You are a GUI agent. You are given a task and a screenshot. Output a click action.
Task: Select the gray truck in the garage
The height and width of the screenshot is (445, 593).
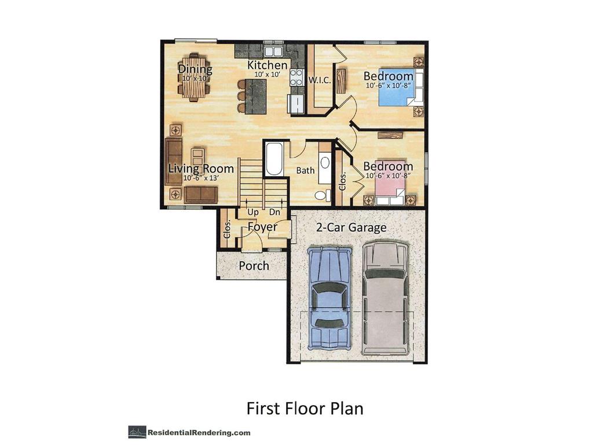click(385, 298)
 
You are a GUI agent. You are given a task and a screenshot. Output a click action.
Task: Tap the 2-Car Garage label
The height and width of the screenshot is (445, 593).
click(351, 228)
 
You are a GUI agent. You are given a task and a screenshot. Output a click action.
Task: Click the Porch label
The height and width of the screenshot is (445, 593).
click(254, 266)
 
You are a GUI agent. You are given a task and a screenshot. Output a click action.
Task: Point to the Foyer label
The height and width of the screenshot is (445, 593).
click(262, 227)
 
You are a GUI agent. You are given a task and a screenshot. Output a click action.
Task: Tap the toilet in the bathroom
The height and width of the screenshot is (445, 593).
click(321, 194)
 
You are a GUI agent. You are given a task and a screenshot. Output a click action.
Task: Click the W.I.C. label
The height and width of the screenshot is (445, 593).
click(320, 81)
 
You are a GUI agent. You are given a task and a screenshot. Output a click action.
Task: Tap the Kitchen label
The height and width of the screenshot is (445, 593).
click(267, 65)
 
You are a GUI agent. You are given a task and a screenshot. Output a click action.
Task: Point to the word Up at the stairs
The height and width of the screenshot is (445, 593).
click(253, 212)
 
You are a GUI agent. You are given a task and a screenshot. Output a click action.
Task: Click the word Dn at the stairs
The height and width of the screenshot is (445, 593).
click(274, 212)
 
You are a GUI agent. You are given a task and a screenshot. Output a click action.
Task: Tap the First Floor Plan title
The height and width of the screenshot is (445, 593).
click(305, 408)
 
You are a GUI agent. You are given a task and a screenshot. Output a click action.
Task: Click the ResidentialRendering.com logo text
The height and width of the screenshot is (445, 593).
click(199, 432)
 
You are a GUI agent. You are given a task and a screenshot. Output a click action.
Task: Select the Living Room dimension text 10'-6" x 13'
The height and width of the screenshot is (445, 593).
click(200, 178)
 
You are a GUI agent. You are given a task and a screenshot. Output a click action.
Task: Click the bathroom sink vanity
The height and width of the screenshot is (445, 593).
click(324, 162)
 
